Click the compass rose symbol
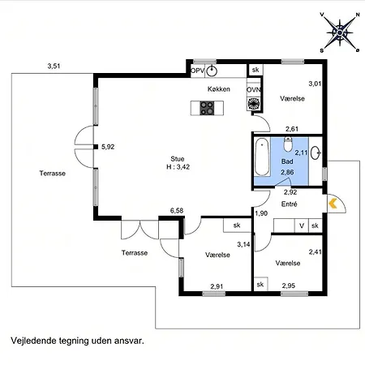pos(340,32)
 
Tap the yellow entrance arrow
pos(333,204)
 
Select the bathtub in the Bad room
pos(262,157)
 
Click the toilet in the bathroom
pos(288,144)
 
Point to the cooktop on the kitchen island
pos(207,108)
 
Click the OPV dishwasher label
pos(197,71)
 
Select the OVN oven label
pos(253,89)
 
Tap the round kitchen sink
pos(212,71)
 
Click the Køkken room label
pos(219,89)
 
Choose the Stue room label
pos(178,159)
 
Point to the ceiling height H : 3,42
pos(178,167)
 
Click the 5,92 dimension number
pos(108,147)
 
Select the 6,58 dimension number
pos(177,211)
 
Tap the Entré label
pos(290,204)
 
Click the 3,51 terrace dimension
pos(54,66)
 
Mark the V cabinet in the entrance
pos(302,225)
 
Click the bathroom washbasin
pos(316,153)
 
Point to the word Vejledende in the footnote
pos(32,341)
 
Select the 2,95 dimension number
pos(289,286)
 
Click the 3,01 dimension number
pos(315,84)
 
